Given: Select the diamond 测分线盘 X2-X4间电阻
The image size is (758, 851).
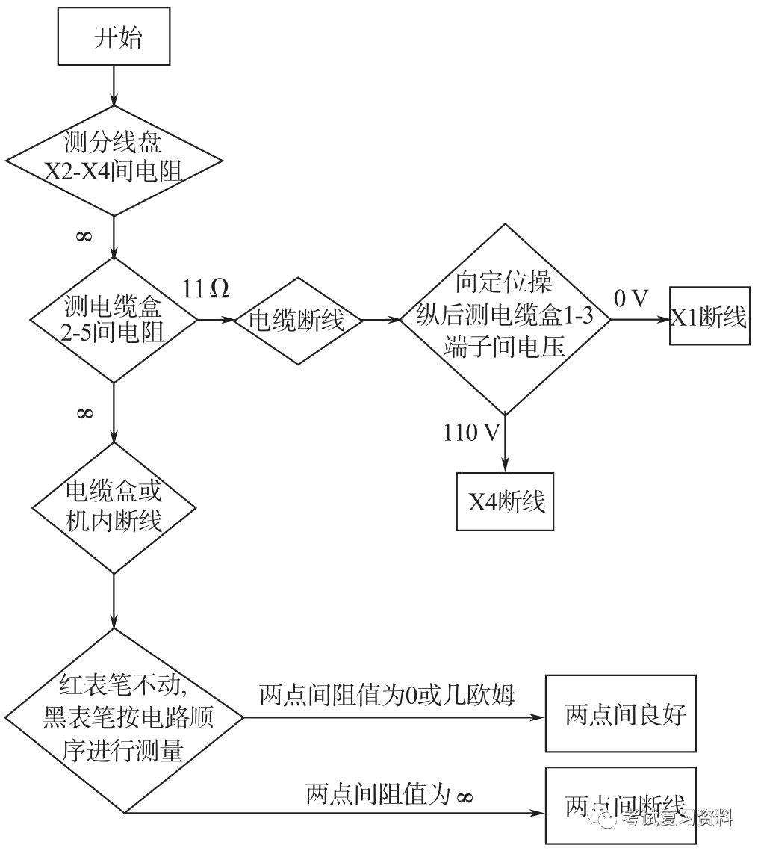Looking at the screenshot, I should click(114, 160).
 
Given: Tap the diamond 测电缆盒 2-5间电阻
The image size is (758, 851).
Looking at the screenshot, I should click(114, 320).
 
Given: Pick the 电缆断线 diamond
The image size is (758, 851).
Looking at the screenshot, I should click(296, 321).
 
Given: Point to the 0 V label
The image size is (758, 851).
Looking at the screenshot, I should click(631, 298).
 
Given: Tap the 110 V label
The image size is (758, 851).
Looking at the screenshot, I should click(471, 432).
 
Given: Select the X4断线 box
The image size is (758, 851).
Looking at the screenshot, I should click(506, 501).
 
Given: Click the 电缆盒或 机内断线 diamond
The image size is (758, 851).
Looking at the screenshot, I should click(114, 507).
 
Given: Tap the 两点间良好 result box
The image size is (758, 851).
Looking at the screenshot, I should click(620, 713).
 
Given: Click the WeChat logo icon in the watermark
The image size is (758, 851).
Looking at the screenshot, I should click(603, 817).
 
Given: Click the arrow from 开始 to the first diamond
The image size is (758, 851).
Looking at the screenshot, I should click(114, 86).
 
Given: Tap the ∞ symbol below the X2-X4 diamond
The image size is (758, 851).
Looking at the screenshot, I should click(84, 236).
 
